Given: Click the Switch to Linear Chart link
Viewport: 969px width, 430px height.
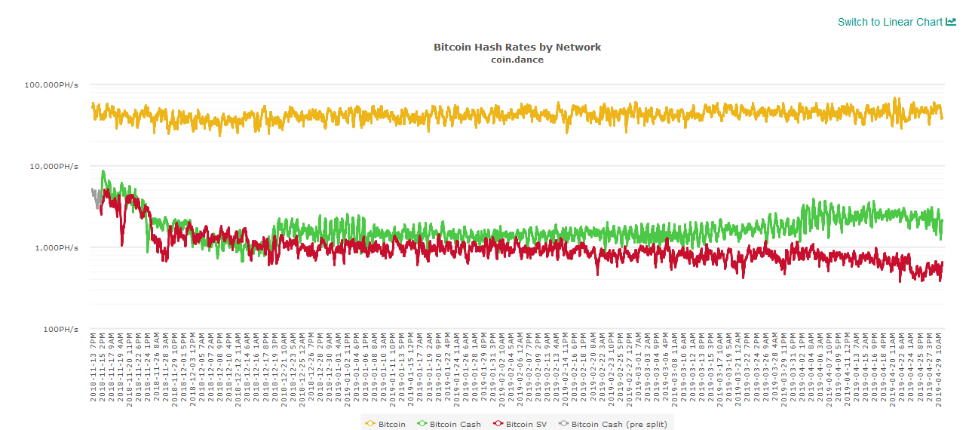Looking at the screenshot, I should coord(890,22).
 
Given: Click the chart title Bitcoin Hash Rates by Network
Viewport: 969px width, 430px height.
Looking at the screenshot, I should coord(517,47).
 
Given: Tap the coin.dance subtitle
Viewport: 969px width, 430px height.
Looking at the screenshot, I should coord(517,60).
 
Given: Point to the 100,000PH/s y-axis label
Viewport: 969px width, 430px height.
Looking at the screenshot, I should coord(52,84).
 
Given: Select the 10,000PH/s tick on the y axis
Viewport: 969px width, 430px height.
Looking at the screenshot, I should coord(54,166).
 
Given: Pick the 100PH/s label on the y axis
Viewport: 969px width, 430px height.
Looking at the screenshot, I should coord(60,329).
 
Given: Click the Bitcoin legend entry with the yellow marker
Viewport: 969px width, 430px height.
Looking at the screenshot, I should coord(385,424).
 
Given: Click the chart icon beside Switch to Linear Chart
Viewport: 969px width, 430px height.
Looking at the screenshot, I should coord(951,22).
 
